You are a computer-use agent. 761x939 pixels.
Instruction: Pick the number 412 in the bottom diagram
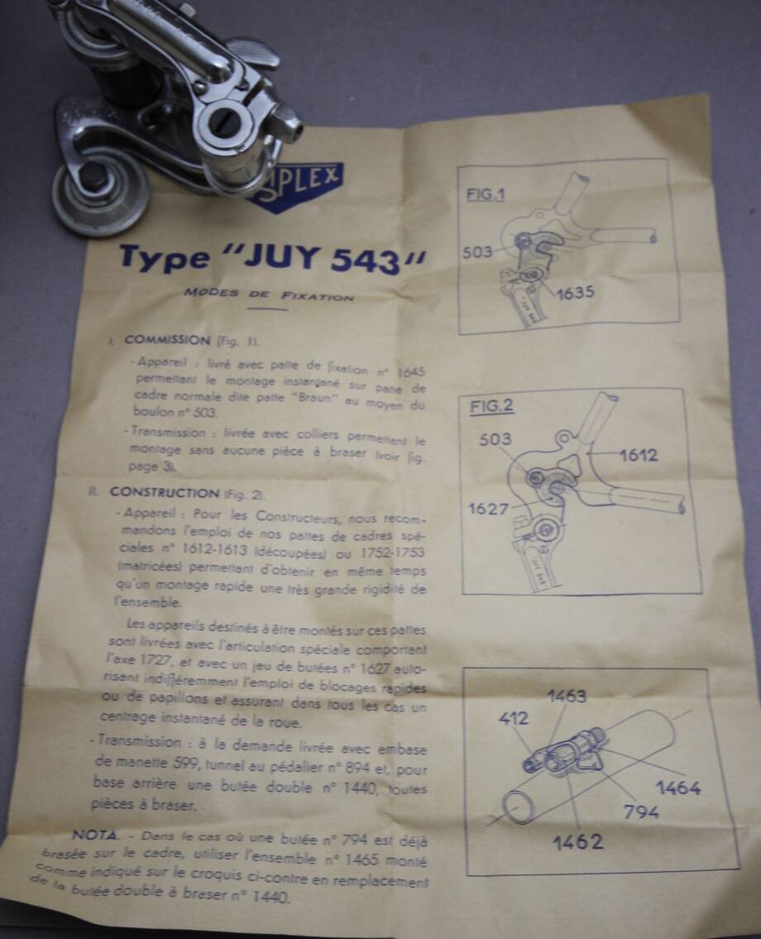click(513, 718)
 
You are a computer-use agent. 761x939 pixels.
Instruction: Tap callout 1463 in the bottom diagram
click(566, 696)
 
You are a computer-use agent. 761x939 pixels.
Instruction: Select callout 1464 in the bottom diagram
click(677, 788)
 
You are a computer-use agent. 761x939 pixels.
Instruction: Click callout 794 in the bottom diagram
click(641, 812)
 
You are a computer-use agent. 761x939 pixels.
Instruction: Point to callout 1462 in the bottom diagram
click(577, 842)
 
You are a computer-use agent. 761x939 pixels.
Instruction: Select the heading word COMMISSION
click(167, 340)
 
